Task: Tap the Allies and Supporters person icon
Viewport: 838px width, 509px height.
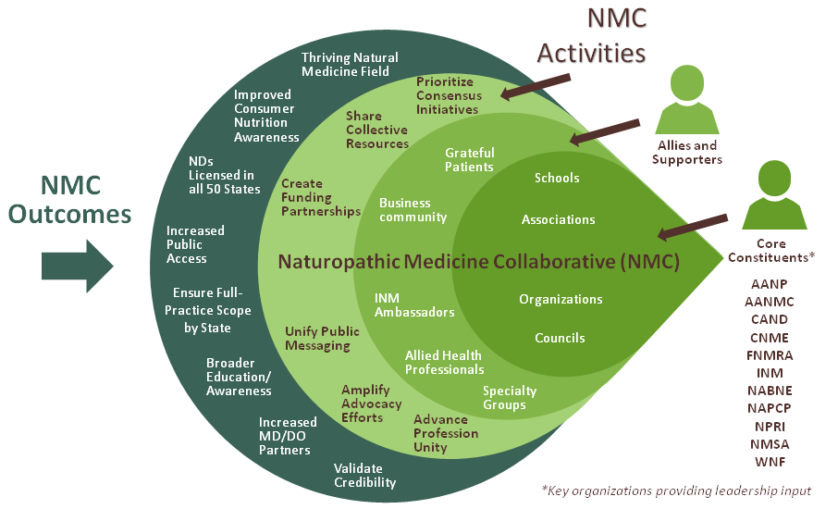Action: point(686,102)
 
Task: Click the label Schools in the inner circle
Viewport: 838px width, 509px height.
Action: point(557,178)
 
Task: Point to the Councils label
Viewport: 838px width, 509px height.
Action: point(560,338)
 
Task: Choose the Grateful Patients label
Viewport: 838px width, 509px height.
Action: point(470,159)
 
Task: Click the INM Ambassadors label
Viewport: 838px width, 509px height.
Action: point(414,305)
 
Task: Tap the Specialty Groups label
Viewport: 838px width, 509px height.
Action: point(510,398)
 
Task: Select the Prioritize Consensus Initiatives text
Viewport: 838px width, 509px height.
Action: point(448,95)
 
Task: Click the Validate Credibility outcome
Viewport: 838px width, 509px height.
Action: point(364,476)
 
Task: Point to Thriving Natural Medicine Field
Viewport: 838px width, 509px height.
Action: point(345,64)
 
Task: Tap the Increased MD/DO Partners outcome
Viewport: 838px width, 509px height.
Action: point(288,437)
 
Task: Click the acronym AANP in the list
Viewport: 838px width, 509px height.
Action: point(769,284)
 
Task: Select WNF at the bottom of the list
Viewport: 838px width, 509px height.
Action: point(769,461)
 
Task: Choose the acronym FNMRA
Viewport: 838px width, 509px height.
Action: point(769,354)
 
